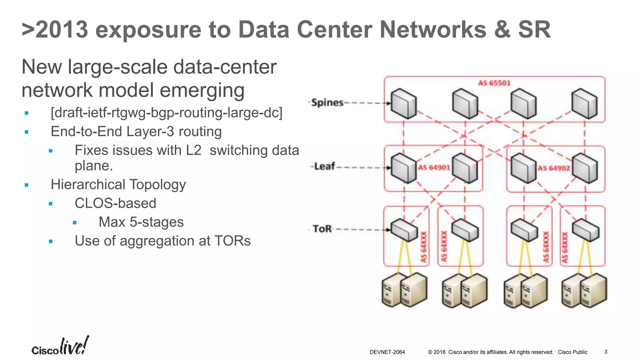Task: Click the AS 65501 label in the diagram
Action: point(494,83)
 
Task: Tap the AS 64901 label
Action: point(434,168)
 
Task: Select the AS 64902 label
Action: point(553,168)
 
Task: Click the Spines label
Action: point(327,102)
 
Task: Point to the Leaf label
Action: point(324,166)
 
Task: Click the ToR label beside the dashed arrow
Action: point(322,229)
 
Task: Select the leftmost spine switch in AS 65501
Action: point(404,103)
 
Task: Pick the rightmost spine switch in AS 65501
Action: point(584,103)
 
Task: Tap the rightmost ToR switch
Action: point(586,230)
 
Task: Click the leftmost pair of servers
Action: point(404,290)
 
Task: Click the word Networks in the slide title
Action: point(433,30)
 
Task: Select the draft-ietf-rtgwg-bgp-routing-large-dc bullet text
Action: point(166,113)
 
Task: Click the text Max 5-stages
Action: point(141,222)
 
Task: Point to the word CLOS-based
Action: point(115,203)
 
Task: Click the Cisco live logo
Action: point(60,346)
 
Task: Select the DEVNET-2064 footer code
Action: point(387,352)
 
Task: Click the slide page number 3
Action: point(606,352)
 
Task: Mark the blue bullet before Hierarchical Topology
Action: point(27,185)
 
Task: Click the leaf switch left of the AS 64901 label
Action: point(403,168)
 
